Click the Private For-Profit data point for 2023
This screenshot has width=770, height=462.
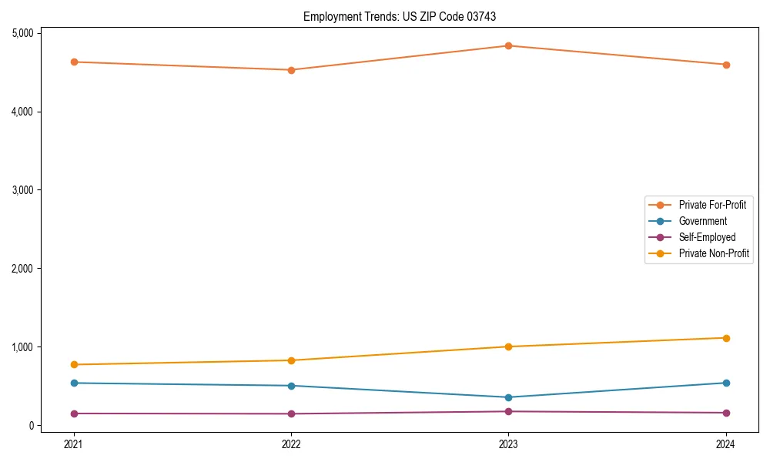pos(508,45)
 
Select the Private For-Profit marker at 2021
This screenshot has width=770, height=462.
pos(74,62)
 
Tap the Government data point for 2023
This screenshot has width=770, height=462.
pos(508,397)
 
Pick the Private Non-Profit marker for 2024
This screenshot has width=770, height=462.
pos(726,338)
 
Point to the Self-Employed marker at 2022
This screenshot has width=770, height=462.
pos(291,413)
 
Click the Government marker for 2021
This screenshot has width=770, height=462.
pos(74,383)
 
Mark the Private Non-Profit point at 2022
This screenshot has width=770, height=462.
pos(291,360)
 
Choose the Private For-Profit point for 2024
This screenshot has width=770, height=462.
pos(726,65)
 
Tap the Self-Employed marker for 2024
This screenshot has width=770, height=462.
pos(726,413)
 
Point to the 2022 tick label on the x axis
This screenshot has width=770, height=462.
pos(291,444)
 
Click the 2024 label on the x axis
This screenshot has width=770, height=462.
pos(726,444)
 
